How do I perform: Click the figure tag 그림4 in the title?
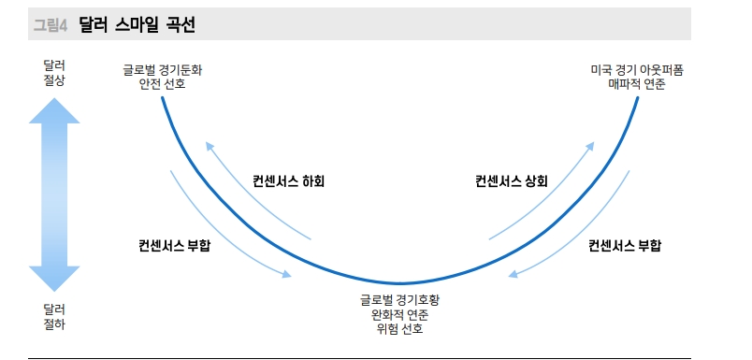click(50, 26)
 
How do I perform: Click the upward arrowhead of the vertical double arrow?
click(54, 110)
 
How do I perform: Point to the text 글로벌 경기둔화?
click(162, 69)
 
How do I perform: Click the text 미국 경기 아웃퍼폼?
click(636, 69)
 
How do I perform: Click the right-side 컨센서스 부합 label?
click(625, 246)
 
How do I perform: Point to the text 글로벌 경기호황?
click(399, 300)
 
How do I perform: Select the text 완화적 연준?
click(399, 314)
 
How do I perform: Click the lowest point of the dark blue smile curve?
click(399, 283)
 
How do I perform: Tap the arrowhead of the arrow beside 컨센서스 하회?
click(210, 146)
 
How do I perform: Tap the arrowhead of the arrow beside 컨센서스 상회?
click(591, 146)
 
